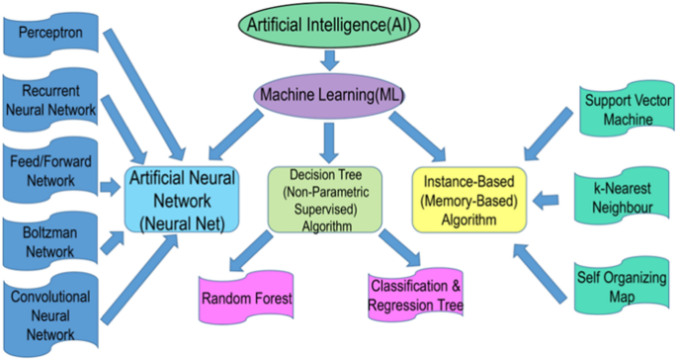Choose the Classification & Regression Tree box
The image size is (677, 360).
415,297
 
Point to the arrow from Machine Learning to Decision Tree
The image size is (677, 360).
325,136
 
